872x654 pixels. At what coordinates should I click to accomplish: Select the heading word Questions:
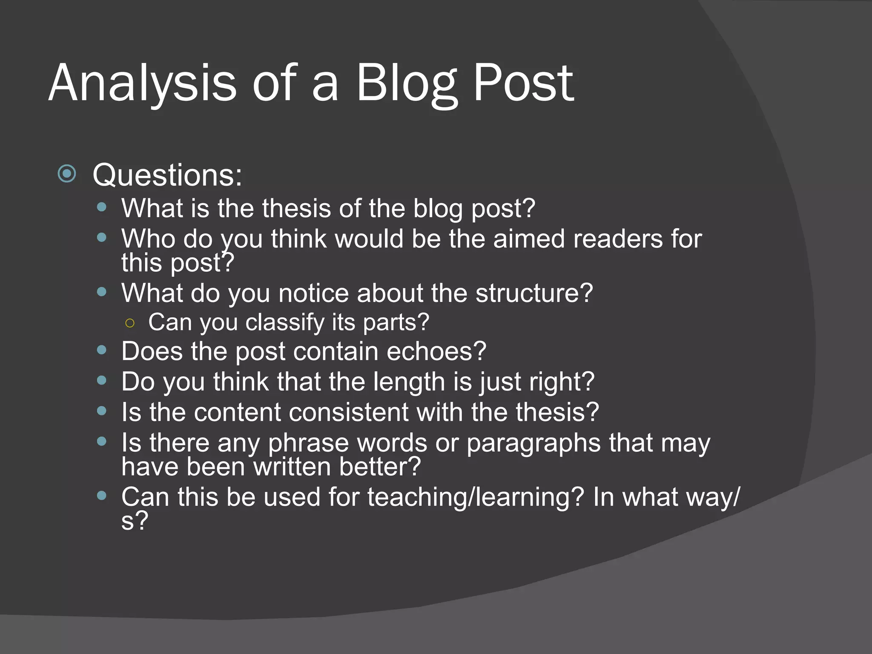pos(167,175)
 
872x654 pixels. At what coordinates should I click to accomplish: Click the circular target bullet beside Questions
pos(67,174)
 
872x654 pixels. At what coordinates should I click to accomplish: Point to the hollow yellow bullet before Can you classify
pos(130,323)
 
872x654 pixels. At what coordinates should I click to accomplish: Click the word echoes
pos(436,352)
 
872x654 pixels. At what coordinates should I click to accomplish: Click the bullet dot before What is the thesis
pos(101,207)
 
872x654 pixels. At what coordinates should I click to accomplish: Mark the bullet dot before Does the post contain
pos(101,350)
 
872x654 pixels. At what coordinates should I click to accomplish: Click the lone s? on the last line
pos(134,521)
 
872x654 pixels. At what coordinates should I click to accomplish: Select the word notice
pos(313,293)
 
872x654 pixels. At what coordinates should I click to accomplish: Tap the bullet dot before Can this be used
pos(101,496)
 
